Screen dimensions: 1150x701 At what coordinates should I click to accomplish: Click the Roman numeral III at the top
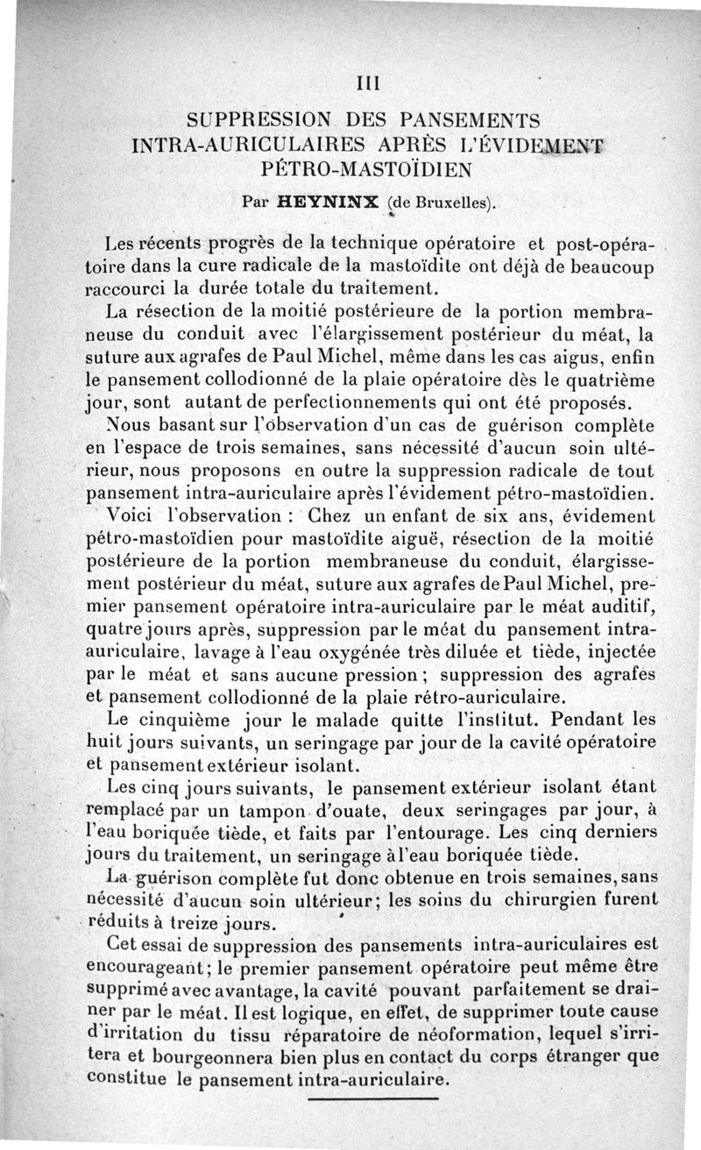tap(367, 84)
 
